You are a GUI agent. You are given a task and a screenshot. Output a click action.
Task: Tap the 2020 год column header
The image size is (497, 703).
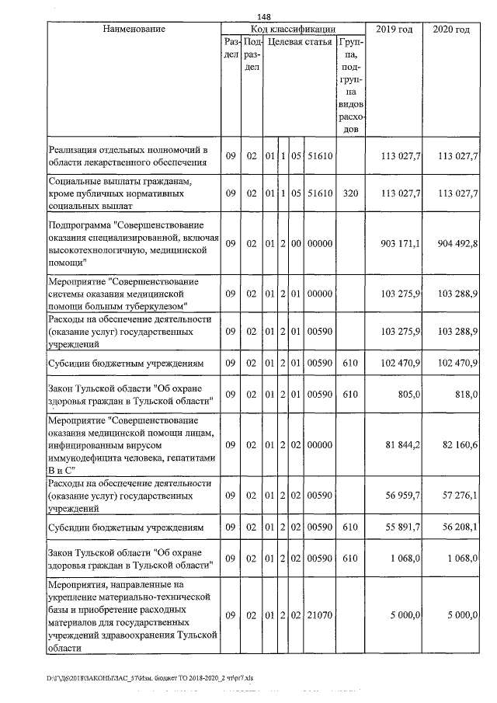[452, 29]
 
